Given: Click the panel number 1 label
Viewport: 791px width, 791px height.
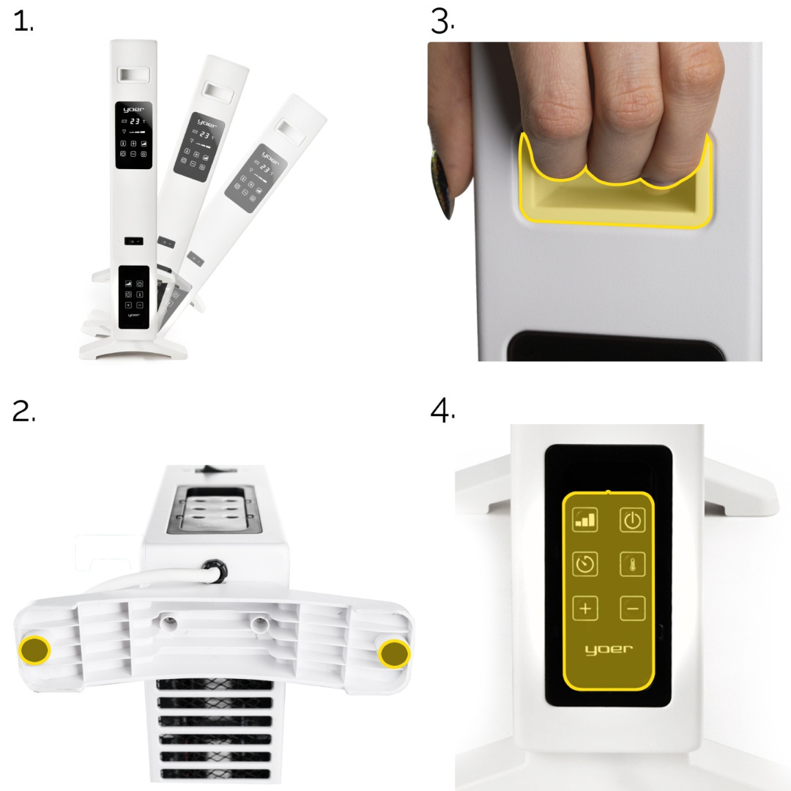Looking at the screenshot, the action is pyautogui.click(x=23, y=22).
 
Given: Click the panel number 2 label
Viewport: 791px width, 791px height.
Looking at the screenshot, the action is pyautogui.click(x=23, y=411).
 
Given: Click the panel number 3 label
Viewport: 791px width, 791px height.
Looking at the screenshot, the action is pyautogui.click(x=442, y=22).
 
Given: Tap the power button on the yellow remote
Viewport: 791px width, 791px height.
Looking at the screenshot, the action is pyautogui.click(x=632, y=520).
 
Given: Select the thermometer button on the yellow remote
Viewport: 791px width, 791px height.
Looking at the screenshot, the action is pyautogui.click(x=632, y=564).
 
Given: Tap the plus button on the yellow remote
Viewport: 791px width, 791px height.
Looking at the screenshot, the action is pyautogui.click(x=585, y=608).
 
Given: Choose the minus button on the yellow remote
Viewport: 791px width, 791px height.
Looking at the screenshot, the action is pyautogui.click(x=632, y=608).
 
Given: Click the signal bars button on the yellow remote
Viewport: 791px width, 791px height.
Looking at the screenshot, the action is pyautogui.click(x=585, y=520).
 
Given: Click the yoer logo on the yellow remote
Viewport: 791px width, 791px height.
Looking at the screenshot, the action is pyautogui.click(x=609, y=649).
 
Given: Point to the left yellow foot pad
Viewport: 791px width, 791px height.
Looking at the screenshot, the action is pyautogui.click(x=34, y=650).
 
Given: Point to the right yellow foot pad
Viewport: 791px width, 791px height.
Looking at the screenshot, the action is pyautogui.click(x=395, y=654).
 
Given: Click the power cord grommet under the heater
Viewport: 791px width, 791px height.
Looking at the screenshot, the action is pyautogui.click(x=215, y=571).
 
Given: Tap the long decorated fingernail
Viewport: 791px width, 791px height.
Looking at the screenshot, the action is pyautogui.click(x=443, y=183).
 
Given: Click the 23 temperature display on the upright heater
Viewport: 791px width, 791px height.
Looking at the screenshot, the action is pyautogui.click(x=135, y=121).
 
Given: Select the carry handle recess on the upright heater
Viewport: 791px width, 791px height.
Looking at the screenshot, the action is pyautogui.click(x=134, y=75).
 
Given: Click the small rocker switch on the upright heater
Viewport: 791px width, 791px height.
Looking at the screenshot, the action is pyautogui.click(x=134, y=241).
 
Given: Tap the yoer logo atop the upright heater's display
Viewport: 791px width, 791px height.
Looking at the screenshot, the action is pyautogui.click(x=134, y=109).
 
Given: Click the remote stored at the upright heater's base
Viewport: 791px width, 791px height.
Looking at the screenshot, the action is pyautogui.click(x=134, y=297).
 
